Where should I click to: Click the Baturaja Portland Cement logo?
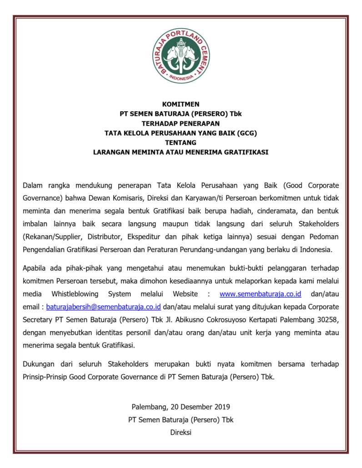[x=181, y=55]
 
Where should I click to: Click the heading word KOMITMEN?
[x=181, y=104]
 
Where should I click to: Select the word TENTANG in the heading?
[x=181, y=142]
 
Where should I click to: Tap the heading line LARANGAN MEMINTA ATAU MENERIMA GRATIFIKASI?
[x=181, y=152]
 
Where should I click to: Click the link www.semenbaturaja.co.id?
[x=260, y=294]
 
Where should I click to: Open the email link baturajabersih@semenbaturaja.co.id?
[x=104, y=307]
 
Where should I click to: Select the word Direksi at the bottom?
[x=181, y=432]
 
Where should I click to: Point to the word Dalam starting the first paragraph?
[x=33, y=185]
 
